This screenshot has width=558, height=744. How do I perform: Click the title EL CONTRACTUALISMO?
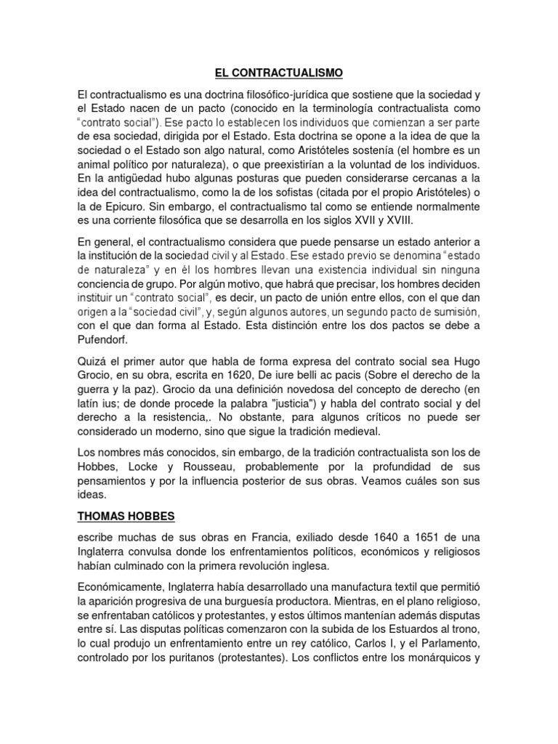coord(278,73)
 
